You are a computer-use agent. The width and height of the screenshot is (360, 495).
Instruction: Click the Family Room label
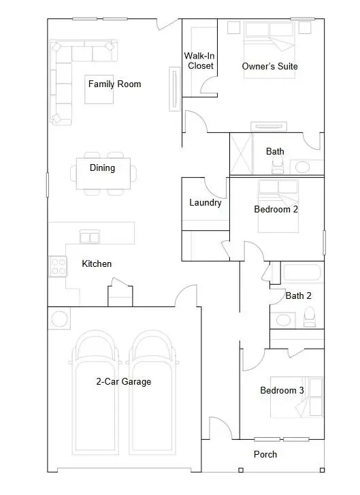114,84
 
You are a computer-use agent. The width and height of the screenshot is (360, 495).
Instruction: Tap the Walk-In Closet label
199,61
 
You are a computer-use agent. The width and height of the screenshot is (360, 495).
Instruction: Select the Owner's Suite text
269,66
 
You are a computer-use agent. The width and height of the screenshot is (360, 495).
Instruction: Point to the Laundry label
206,202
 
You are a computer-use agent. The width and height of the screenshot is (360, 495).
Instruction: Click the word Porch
265,454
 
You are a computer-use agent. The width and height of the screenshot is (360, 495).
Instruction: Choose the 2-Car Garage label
124,382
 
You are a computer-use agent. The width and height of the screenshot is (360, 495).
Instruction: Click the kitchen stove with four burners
58,266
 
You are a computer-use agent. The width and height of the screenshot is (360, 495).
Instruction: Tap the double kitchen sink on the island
90,237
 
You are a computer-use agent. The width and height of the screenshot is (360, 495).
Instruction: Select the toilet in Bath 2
310,317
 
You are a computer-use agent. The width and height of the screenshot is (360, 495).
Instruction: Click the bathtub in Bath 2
302,272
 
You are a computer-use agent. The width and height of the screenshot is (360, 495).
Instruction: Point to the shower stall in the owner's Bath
242,153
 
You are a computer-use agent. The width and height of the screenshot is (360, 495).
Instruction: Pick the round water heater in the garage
59,319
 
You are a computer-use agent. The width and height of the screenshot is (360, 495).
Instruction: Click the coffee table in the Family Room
99,90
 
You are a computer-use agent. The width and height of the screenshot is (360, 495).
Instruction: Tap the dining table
103,174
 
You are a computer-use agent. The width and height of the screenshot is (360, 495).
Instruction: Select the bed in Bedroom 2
278,206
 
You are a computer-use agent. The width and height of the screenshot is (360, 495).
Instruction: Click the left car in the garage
95,393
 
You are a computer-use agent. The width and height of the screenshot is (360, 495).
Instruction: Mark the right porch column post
322,470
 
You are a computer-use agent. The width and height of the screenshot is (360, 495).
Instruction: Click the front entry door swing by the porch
220,428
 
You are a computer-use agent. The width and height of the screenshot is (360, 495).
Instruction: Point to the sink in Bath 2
283,320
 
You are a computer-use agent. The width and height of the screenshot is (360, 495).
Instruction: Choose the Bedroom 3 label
282,391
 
